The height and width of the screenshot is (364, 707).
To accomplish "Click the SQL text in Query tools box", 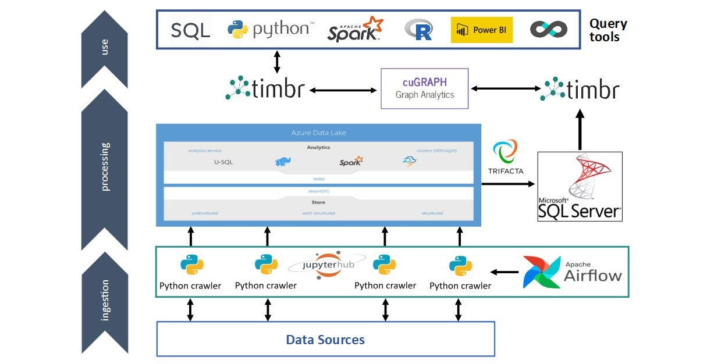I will [x=190, y=30].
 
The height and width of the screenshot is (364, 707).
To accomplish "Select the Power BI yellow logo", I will [x=481, y=30].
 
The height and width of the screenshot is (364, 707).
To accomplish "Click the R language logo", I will [x=418, y=30].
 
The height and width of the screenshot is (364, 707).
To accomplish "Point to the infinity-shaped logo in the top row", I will [x=548, y=30].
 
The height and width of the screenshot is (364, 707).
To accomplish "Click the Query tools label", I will [x=608, y=30].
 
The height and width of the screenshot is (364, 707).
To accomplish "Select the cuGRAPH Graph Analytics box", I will [x=424, y=88].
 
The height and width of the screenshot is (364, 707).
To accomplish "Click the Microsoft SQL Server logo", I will [x=580, y=186].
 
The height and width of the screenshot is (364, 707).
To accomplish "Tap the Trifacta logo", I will [x=505, y=156].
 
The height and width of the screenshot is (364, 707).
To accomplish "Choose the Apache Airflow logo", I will [x=572, y=272].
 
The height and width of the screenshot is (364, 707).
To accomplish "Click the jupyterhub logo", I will [x=326, y=264].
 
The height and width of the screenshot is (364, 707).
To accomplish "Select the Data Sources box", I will [x=325, y=339].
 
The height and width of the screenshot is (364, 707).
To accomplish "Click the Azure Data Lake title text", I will [x=318, y=133].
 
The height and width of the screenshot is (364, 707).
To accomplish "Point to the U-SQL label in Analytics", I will [x=223, y=162].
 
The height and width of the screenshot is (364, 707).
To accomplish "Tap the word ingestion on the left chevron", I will [x=105, y=301].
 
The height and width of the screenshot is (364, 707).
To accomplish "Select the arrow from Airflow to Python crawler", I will [x=505, y=272].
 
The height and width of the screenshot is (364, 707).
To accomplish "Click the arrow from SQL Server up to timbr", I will [x=580, y=131].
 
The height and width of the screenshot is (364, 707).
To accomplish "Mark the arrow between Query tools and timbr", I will [x=277, y=62].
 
